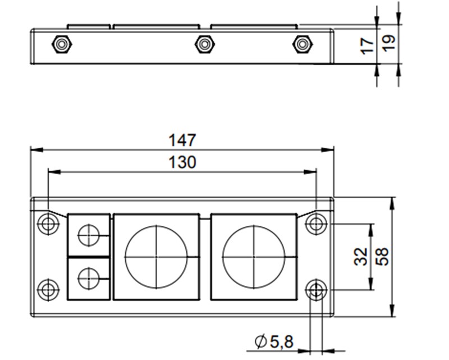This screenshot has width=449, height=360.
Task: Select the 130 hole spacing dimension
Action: pyautogui.click(x=182, y=163)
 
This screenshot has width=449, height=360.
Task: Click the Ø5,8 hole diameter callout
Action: pyautogui.click(x=274, y=340)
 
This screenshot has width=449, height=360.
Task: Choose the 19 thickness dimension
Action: pyautogui.click(x=389, y=43)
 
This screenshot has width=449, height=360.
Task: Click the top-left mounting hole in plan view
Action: pyautogui.click(x=48, y=224)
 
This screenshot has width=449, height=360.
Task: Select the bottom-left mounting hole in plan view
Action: pyautogui.click(x=48, y=289)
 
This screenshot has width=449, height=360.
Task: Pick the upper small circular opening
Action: pyautogui.click(x=88, y=235)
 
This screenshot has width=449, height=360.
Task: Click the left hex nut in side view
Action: pyautogui.click(x=61, y=44)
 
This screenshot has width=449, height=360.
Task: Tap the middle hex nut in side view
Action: pyautogui.click(x=204, y=44)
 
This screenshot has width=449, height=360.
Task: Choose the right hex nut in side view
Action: pyautogui.click(x=303, y=44)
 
